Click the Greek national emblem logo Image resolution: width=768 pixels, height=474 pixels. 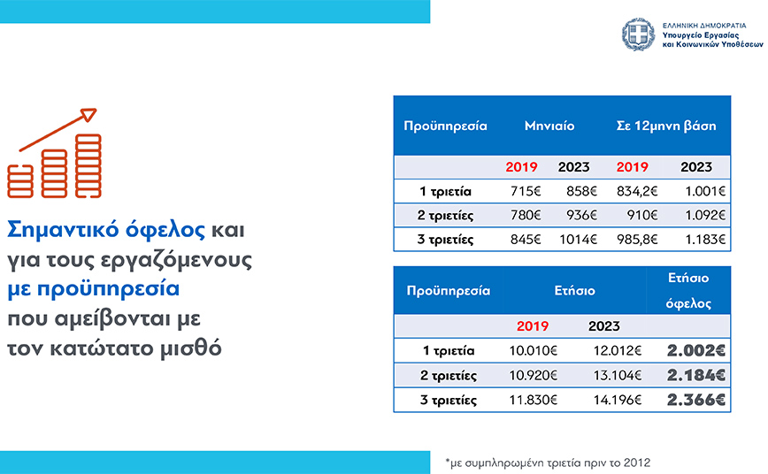click(x=638, y=34)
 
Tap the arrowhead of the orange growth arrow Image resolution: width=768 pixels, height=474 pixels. click(x=88, y=115)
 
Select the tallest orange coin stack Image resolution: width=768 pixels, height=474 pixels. click(x=88, y=166)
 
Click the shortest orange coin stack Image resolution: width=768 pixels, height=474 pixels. click(x=20, y=181)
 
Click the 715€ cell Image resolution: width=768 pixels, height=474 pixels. click(x=526, y=191)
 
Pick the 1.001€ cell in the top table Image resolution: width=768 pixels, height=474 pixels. click(x=705, y=191)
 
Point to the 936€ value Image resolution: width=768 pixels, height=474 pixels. click(x=582, y=215)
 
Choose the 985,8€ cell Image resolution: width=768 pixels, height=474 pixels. click(x=637, y=240)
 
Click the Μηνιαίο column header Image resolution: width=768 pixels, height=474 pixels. click(x=549, y=126)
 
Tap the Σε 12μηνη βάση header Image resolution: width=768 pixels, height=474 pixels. click(x=666, y=126)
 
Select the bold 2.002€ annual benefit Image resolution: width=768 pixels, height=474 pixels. click(x=696, y=350)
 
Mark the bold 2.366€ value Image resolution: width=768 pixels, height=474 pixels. click(x=696, y=400)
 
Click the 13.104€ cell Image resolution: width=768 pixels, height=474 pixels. click(x=618, y=376)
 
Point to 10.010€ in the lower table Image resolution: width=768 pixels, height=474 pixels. click(x=533, y=350)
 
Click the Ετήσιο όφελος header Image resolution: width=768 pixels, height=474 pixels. click(x=688, y=291)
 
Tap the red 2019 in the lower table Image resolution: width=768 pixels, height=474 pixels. click(x=533, y=326)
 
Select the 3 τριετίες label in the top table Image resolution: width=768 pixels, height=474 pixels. click(x=445, y=240)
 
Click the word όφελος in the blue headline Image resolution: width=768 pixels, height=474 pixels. click(x=165, y=230)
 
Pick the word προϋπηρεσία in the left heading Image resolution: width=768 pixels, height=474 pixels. click(x=108, y=289)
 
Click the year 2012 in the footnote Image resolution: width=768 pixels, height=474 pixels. click(x=637, y=463)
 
